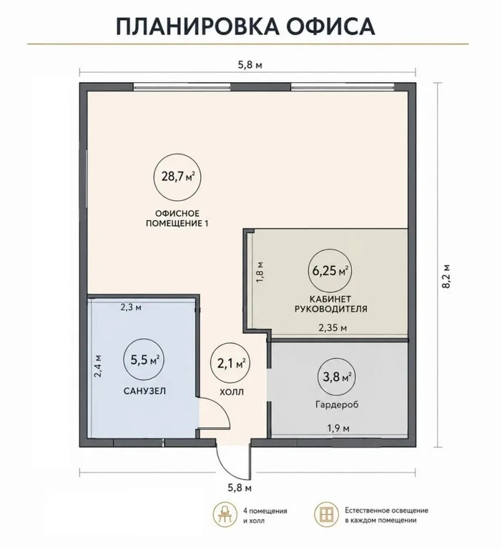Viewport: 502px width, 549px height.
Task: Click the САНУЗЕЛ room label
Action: [x=144, y=391]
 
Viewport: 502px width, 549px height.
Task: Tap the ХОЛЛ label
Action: [x=232, y=392]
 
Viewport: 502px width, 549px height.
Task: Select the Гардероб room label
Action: [x=337, y=405]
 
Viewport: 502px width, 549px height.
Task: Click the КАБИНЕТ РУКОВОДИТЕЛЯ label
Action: [x=330, y=304]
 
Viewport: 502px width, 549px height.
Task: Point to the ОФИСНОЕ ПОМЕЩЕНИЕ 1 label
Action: [x=177, y=219]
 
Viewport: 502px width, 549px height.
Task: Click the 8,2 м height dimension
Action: [x=446, y=276]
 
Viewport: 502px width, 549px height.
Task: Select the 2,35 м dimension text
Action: [x=333, y=328]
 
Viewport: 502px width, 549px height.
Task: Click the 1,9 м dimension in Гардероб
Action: [x=338, y=428]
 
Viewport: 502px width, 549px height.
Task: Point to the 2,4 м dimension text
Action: [x=99, y=366]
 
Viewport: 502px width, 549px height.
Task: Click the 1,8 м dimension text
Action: [x=260, y=272]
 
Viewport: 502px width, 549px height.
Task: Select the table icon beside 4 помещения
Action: [x=225, y=515]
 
